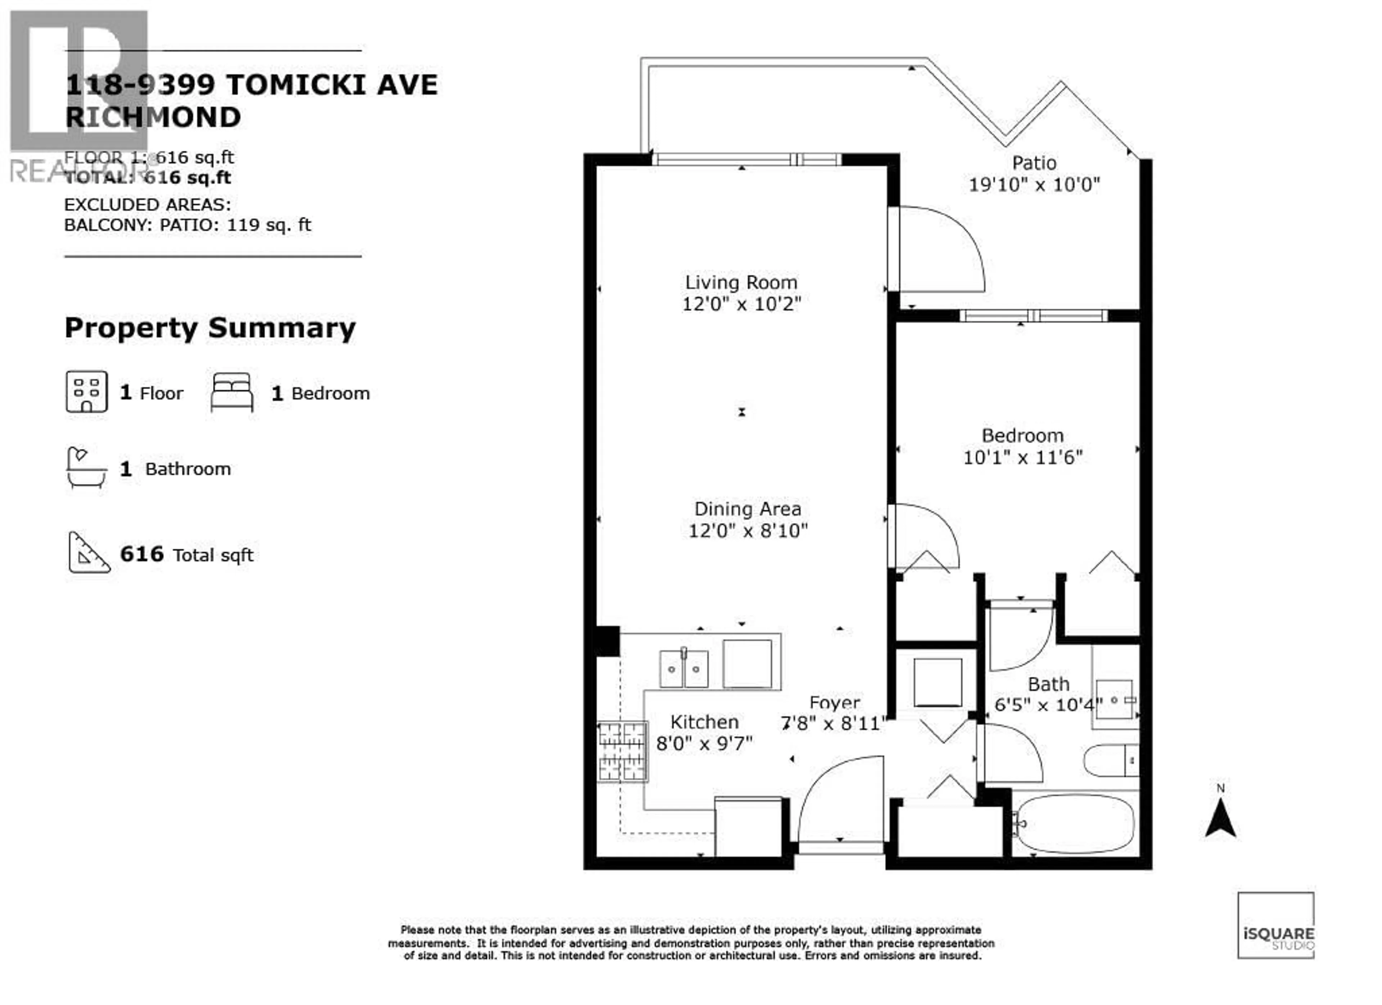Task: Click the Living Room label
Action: point(741,283)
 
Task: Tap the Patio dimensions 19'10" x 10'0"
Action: point(1034,185)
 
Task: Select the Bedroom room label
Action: point(1022,436)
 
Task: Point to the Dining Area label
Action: point(748,509)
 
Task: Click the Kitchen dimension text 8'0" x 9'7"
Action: point(704,744)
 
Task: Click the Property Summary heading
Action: point(210,328)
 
